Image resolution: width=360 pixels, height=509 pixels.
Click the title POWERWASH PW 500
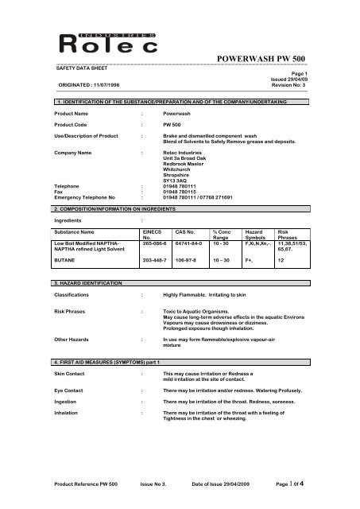[x=268, y=60]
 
